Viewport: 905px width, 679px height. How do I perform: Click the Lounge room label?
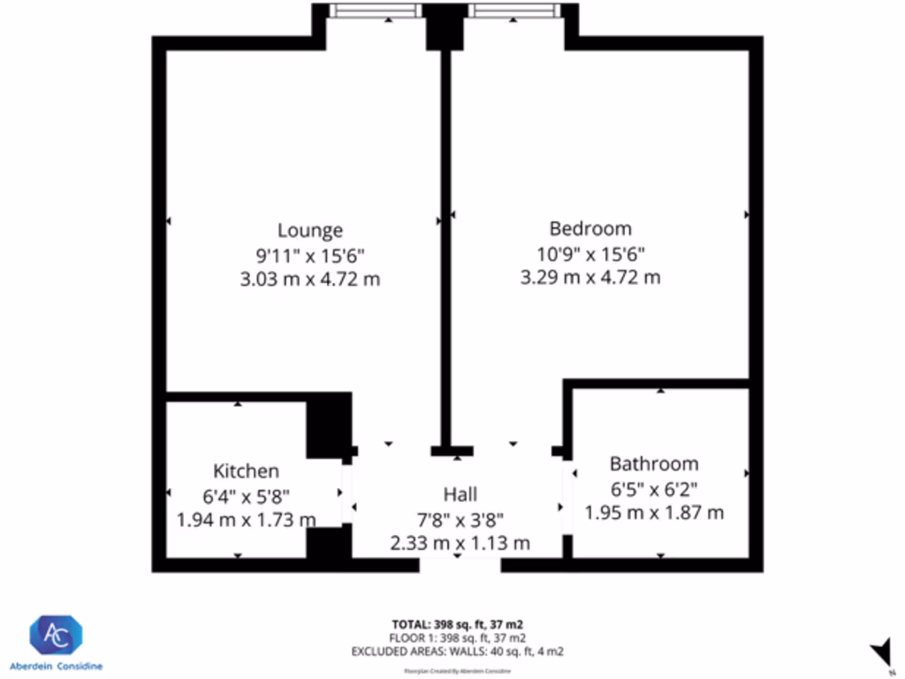coord(309,231)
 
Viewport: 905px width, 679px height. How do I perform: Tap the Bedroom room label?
coord(590,228)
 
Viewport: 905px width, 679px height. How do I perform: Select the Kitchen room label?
coord(246,471)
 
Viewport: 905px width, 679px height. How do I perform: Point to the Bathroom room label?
coord(654,464)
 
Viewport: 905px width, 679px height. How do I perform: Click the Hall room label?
coord(460,494)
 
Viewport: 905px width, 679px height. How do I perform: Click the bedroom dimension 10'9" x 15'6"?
coord(590,254)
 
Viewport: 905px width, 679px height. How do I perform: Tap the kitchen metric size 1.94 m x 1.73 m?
coord(247,520)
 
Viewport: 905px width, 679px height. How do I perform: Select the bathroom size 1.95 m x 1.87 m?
coord(654,512)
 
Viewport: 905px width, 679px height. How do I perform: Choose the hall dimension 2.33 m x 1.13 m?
coord(460,543)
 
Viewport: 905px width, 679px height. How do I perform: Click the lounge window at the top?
coord(376,11)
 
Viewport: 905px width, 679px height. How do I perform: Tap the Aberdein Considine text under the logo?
coord(56,665)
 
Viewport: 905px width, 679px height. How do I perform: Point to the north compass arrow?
coord(880,652)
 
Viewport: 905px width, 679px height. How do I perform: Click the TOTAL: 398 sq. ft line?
coord(459,624)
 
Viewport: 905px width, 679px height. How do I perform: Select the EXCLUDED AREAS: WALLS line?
coord(459,652)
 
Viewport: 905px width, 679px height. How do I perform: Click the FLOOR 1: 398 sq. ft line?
coord(459,637)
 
